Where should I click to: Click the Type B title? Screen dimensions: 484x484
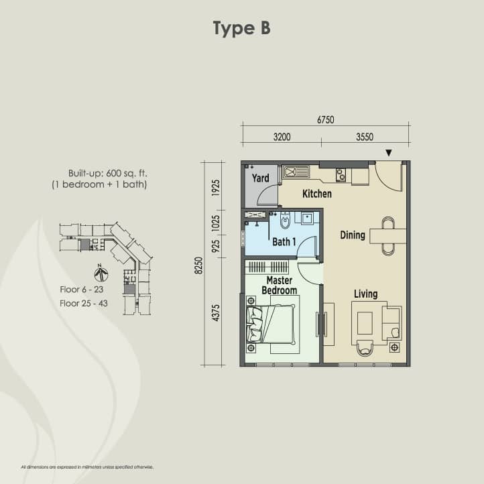(x=242, y=28)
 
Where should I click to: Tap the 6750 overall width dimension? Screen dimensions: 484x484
(x=326, y=119)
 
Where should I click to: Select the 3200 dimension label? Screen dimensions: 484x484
(x=282, y=137)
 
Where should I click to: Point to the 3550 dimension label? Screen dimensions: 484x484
(x=365, y=137)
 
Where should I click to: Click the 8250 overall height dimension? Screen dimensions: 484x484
(x=199, y=265)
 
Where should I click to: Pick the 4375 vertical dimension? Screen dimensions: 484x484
(x=216, y=313)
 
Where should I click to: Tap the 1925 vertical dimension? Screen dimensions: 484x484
(x=216, y=188)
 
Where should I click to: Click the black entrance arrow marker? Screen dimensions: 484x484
(x=389, y=153)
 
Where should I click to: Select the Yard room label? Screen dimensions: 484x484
(x=261, y=178)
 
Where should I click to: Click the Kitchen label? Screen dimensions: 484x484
(x=317, y=194)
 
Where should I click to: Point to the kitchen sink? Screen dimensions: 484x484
(x=296, y=172)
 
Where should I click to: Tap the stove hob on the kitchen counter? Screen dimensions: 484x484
(x=341, y=175)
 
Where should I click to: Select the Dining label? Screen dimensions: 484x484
(x=353, y=235)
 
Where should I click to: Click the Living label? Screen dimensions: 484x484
(x=366, y=294)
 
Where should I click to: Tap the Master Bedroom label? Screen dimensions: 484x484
(x=280, y=286)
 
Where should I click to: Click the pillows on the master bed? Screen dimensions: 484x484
(x=255, y=324)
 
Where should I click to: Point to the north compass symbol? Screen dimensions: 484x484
(x=101, y=274)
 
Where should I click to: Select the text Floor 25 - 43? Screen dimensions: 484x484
(x=84, y=304)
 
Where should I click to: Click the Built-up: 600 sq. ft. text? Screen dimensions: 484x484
(x=108, y=174)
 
